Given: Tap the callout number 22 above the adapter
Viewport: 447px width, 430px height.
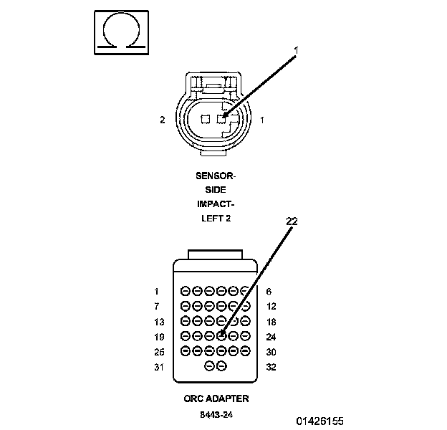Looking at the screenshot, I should (292, 221).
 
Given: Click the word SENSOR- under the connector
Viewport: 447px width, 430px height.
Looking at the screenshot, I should (215, 174).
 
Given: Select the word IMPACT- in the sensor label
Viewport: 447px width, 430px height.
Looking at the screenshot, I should (215, 204).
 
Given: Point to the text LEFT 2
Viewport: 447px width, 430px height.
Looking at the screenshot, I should (215, 218).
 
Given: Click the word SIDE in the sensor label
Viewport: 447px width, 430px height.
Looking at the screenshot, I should (215, 189).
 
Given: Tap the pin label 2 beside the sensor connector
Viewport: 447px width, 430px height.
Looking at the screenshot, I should (163, 120).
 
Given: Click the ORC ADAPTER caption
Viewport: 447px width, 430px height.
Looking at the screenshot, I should (215, 398).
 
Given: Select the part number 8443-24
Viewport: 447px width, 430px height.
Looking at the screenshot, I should (215, 414).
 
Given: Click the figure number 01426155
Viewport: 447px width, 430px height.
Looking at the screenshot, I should (320, 420).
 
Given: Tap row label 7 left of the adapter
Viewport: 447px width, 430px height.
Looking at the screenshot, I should (156, 306).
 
